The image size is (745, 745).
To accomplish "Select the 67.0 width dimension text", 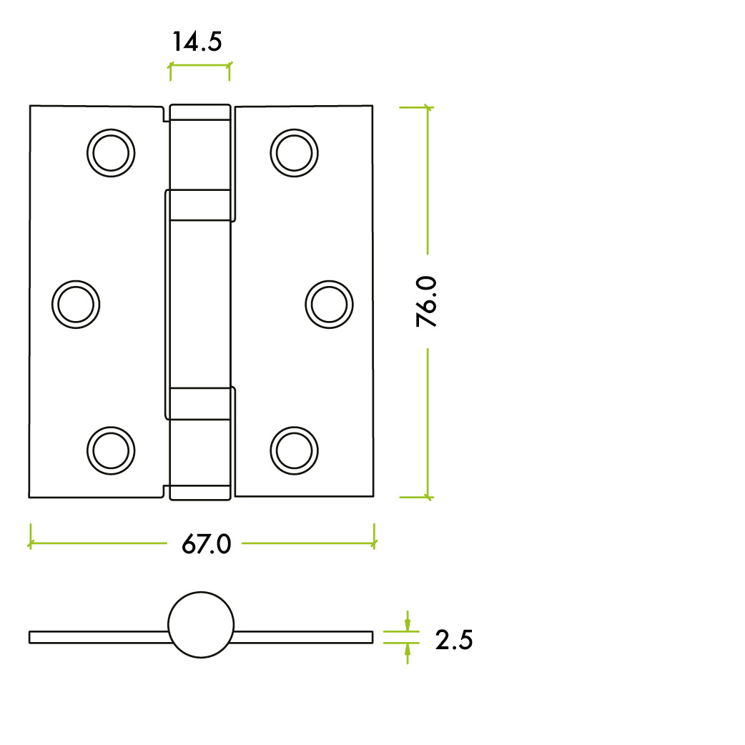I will click(206, 544).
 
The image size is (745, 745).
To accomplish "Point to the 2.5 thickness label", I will click(454, 641).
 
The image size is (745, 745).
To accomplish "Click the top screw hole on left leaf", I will click(111, 152).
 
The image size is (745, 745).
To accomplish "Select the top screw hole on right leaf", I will click(295, 152).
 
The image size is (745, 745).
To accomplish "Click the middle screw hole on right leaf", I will click(330, 305).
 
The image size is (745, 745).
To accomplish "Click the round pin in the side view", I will click(201, 625).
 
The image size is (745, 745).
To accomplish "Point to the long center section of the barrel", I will click(201, 304).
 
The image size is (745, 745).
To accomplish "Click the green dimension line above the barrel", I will click(199, 66).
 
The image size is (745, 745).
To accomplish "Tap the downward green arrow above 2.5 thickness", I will click(408, 622).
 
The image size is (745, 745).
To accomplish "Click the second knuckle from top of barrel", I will click(199, 205).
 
